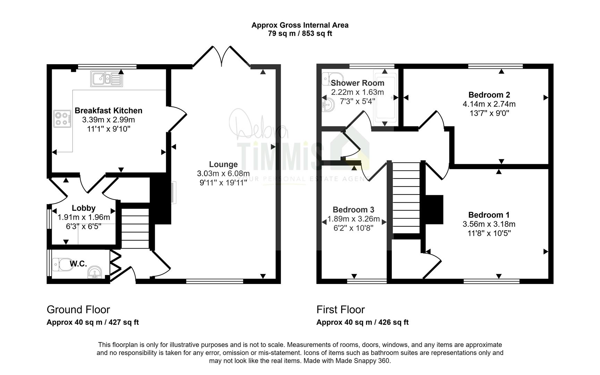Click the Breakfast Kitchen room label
click(x=108, y=110)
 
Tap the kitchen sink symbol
click(x=107, y=78)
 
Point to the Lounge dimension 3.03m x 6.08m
click(x=223, y=173)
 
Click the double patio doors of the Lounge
click(x=221, y=56)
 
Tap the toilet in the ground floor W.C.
click(x=60, y=264)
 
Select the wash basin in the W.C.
click(x=95, y=272)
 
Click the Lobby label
click(x=84, y=208)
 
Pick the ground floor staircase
click(x=135, y=228)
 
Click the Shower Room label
click(x=357, y=83)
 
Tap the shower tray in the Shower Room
click(x=384, y=98)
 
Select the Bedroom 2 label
click(x=489, y=95)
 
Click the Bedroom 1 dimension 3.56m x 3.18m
click(x=489, y=224)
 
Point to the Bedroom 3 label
click(x=353, y=210)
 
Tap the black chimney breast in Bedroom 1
click(x=434, y=209)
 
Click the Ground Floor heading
click(x=78, y=309)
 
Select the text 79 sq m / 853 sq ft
click(x=300, y=34)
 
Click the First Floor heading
click(x=341, y=309)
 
